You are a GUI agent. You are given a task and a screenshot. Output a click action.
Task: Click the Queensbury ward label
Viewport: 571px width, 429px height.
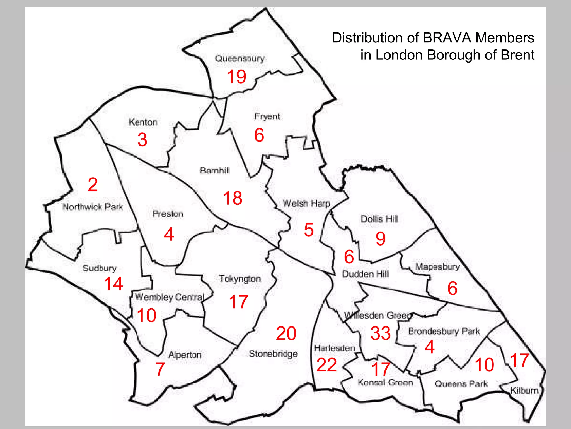click(x=240, y=59)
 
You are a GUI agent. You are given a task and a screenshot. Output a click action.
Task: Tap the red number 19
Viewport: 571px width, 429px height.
click(x=236, y=77)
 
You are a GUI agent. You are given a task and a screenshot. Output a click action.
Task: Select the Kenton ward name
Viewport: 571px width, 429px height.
click(x=143, y=122)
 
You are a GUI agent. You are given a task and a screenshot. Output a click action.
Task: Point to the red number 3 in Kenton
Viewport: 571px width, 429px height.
click(x=142, y=140)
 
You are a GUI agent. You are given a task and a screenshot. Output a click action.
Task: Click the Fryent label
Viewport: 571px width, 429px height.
click(x=267, y=116)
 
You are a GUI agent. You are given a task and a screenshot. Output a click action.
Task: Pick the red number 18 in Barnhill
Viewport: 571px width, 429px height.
click(x=233, y=198)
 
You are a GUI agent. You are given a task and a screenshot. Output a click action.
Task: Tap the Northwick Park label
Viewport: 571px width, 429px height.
click(x=93, y=207)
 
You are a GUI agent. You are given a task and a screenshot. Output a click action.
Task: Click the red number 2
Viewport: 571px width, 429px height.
click(x=93, y=185)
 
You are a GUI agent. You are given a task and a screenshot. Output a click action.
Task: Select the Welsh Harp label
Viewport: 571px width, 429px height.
click(x=306, y=203)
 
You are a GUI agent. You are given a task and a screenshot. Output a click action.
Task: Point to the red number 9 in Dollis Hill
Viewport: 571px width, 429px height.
click(x=381, y=239)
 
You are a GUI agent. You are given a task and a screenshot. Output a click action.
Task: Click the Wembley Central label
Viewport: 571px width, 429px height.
click(x=170, y=297)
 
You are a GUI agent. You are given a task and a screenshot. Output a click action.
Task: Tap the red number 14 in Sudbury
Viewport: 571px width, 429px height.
click(x=113, y=284)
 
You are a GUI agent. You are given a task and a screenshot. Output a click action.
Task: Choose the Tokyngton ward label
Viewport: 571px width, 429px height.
click(x=240, y=279)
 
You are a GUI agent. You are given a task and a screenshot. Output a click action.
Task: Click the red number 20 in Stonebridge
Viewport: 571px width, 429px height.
click(x=286, y=333)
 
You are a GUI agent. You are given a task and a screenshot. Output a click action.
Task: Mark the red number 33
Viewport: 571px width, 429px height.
click(x=381, y=333)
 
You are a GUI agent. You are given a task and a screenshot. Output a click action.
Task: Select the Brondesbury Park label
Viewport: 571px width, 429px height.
click(x=444, y=332)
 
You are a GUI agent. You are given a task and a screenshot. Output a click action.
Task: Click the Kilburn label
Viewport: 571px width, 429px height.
click(x=524, y=390)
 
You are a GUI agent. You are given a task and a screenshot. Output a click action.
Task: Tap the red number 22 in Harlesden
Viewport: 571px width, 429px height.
click(x=326, y=365)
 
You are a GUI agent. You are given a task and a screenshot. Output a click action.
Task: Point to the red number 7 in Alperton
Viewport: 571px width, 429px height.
click(x=160, y=369)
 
